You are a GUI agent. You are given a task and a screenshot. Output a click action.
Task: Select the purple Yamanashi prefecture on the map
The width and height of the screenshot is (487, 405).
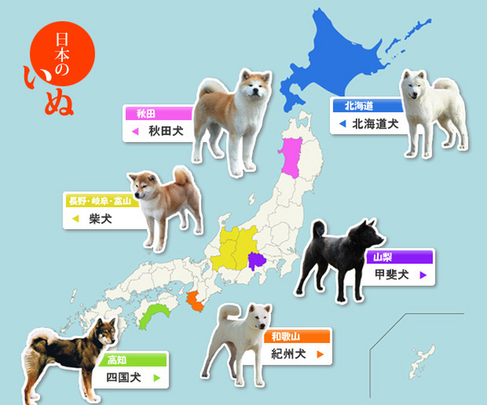point(256,260)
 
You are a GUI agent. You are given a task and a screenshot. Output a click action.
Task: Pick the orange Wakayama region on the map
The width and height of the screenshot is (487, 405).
point(195,301)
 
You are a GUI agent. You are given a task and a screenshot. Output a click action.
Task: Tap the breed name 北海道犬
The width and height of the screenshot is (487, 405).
point(375,124)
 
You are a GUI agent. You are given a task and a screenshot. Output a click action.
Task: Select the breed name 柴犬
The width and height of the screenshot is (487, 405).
point(100,219)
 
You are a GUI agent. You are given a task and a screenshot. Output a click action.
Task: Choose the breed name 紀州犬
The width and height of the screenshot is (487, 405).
point(288,354)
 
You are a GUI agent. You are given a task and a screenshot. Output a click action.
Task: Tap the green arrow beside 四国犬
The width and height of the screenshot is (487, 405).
point(157,377)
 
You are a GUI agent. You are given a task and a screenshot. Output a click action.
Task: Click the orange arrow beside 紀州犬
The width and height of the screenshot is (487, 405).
point(320,354)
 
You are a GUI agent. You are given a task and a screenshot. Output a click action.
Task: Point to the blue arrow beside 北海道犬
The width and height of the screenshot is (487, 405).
point(342,124)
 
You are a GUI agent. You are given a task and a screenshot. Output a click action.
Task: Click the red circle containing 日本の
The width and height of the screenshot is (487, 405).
point(62,53)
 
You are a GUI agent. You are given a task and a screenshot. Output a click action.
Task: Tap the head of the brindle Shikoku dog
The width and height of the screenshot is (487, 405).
point(106,332)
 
